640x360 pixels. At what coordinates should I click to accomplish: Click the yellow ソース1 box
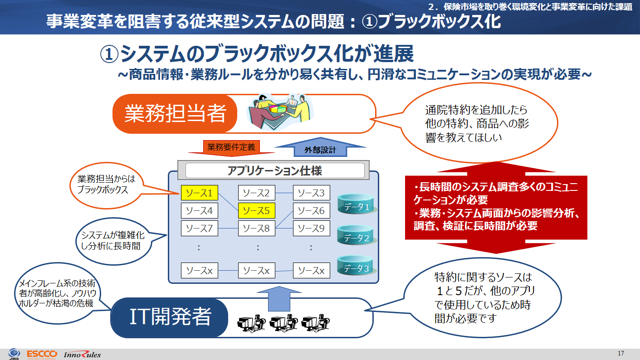200,193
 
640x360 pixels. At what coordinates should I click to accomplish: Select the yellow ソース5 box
256,211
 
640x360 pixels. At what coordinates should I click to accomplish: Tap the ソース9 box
311,229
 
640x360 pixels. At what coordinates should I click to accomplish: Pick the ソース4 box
200,211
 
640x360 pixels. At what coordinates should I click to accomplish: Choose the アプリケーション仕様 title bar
275,170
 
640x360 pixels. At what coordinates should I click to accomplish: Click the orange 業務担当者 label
175,113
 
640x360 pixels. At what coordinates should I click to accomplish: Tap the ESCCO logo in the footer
41,354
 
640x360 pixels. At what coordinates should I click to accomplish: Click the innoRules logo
83,354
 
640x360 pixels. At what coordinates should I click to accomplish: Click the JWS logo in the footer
14,354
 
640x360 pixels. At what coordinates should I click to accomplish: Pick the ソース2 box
256,193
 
